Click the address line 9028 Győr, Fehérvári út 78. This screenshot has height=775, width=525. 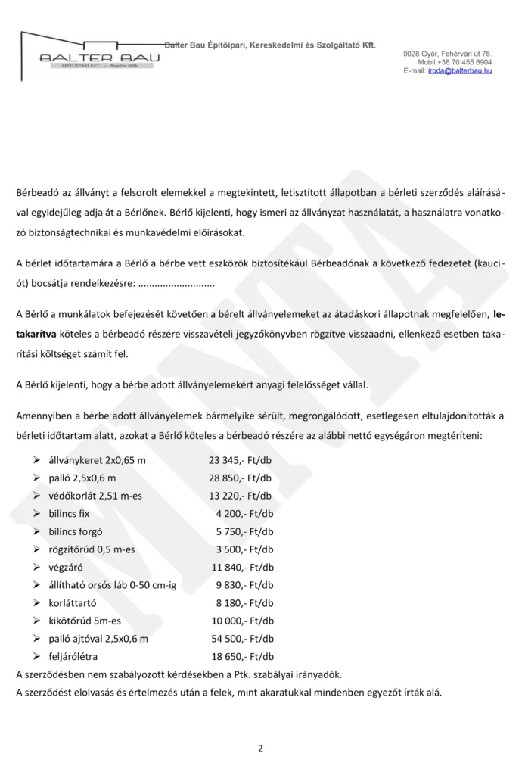click(447, 54)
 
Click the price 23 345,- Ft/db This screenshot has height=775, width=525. click(241, 459)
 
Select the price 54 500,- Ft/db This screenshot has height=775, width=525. click(241, 639)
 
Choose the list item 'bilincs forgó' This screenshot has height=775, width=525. click(79, 531)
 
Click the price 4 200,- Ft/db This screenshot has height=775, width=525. click(244, 513)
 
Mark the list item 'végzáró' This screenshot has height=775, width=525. click(67, 567)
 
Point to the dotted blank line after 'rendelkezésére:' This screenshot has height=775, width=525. click(177, 284)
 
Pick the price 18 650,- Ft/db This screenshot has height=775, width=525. click(241, 656)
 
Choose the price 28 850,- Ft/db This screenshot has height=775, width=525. click(241, 478)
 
